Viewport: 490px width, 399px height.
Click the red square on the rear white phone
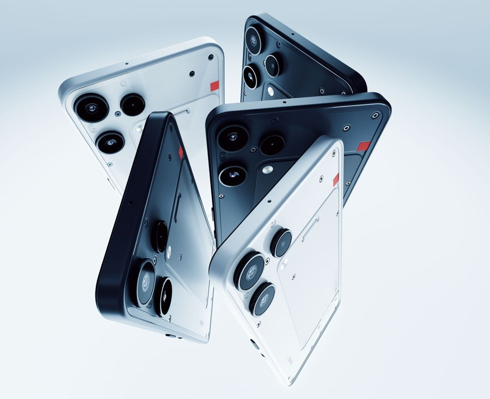[214, 86]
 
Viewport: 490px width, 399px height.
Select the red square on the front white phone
[336, 179]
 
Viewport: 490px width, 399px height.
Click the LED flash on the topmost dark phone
[270, 90]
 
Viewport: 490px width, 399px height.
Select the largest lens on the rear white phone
[92, 108]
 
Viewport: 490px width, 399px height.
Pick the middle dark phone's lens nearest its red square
[272, 145]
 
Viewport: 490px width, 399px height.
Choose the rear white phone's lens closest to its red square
[133, 104]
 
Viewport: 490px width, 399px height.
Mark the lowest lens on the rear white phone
[110, 142]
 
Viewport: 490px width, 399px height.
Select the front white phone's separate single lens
[281, 243]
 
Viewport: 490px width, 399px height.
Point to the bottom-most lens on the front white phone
[262, 298]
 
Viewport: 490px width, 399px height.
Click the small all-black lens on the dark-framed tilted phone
[159, 233]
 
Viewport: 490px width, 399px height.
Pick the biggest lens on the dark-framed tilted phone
[145, 282]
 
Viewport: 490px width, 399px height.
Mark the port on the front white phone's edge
[254, 345]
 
